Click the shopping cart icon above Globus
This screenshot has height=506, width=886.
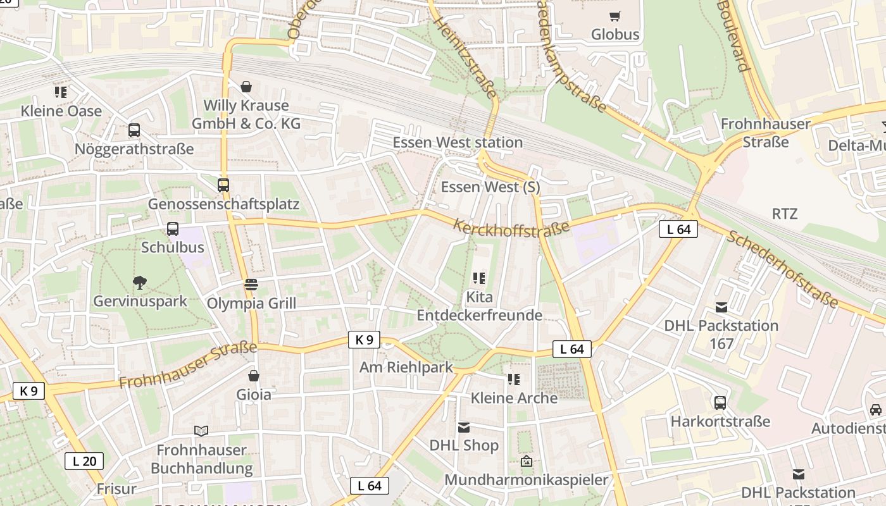615,16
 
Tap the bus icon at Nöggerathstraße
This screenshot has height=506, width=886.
134,130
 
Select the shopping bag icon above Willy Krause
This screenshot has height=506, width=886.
246,87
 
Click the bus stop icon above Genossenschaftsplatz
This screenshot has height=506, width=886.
223,185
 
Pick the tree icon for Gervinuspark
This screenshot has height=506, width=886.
140,283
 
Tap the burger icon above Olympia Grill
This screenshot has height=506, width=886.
251,285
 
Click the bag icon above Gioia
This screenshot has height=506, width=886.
254,376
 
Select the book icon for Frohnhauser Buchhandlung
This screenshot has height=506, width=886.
201,431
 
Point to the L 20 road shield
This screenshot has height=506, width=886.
84,461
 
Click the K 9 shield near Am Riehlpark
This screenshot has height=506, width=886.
364,340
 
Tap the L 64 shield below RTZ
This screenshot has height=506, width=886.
678,229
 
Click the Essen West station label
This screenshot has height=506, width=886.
458,142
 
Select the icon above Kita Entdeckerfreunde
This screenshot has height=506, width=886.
479,278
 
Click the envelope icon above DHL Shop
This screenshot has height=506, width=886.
464,427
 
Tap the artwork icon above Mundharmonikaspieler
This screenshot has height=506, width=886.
526,461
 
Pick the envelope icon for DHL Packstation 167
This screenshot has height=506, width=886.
721,307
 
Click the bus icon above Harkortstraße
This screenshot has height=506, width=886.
720,402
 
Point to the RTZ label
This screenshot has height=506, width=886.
785,213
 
